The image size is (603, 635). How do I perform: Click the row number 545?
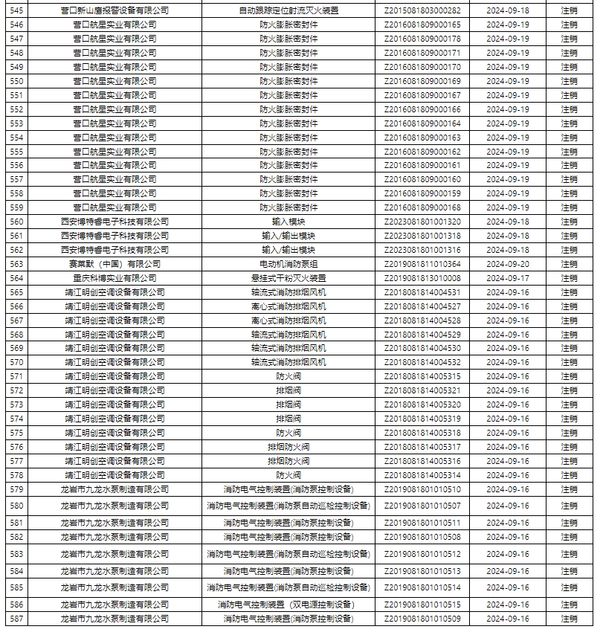point(16,11)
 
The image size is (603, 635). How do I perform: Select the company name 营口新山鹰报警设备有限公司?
point(115,11)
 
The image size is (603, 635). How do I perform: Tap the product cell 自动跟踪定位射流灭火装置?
point(288,11)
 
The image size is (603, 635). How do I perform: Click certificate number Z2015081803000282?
point(422,11)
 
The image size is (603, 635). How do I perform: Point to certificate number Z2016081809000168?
point(422,207)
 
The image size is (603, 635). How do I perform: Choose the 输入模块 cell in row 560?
point(288,222)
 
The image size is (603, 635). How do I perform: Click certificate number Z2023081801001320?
point(422,222)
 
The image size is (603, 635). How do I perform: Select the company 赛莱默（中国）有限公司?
point(115,264)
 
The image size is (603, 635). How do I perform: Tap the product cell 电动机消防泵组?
point(288,264)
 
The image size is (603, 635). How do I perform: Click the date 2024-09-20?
point(508,264)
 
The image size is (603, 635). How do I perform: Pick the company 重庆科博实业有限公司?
point(115,278)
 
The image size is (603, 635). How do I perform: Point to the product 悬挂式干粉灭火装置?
point(288,278)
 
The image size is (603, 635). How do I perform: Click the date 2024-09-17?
point(508,278)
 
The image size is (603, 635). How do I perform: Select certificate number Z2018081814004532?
point(422,362)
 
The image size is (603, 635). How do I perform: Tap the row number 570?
point(16,362)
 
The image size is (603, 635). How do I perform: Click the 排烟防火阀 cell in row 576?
point(288,447)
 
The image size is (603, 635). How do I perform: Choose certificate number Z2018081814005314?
point(422,475)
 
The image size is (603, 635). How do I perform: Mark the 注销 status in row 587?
point(569,619)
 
